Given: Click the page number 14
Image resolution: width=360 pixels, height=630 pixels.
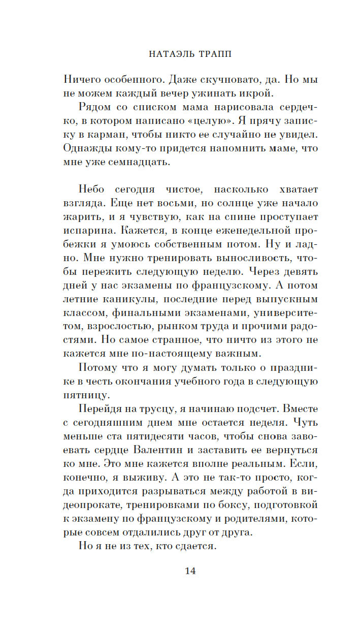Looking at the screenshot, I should coord(190,571).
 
